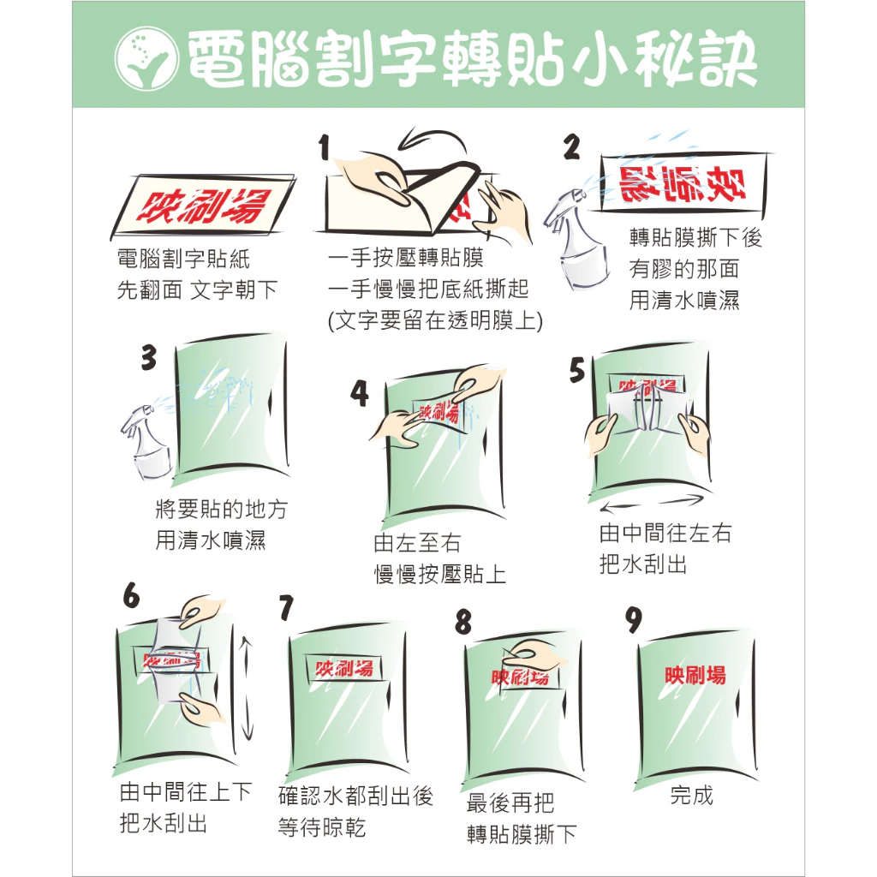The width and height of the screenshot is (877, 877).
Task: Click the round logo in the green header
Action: pyautogui.click(x=146, y=58)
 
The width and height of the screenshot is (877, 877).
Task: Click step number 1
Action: pyautogui.click(x=325, y=147)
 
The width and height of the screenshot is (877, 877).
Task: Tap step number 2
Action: pyautogui.click(x=571, y=147)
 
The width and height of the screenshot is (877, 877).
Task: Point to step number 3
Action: pyautogui.click(x=149, y=357)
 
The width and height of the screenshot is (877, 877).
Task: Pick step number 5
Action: pyautogui.click(x=577, y=370)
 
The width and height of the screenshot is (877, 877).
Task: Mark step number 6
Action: pyautogui.click(x=131, y=595)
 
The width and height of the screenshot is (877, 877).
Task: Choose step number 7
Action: pyautogui.click(x=286, y=607)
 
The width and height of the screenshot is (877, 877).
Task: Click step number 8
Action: pyautogui.click(x=463, y=622)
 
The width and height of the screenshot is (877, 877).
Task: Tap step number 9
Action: pyautogui.click(x=634, y=620)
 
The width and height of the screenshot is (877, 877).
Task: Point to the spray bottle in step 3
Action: pyautogui.click(x=146, y=442)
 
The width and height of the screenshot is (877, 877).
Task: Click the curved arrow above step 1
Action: pyautogui.click(x=431, y=140)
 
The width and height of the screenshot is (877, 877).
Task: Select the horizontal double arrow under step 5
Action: pyautogui.click(x=652, y=504)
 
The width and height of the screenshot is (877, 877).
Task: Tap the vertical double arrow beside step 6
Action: pyautogui.click(x=246, y=688)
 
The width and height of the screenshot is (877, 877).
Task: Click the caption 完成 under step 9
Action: pyautogui.click(x=692, y=795)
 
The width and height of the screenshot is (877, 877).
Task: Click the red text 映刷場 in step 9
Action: pyautogui.click(x=695, y=675)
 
